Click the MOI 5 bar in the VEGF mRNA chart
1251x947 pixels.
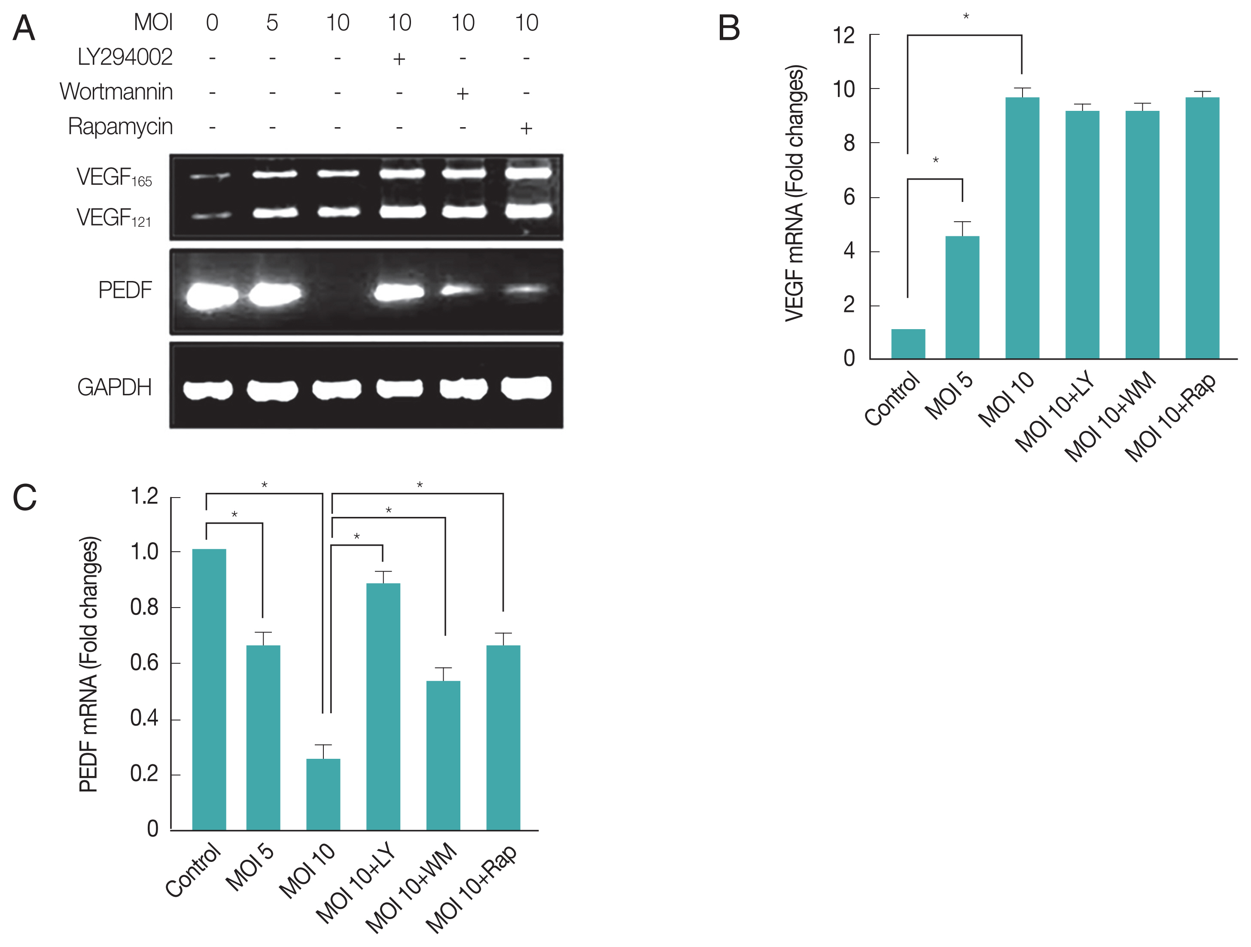tap(962, 297)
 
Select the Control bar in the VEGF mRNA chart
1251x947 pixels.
tap(908, 343)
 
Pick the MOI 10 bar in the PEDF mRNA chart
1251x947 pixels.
tap(323, 794)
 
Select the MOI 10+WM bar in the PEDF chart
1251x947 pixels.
tap(443, 755)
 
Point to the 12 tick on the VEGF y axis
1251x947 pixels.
tap(844, 36)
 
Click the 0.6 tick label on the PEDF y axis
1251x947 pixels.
tap(144, 663)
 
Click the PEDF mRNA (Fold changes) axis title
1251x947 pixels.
tap(89, 664)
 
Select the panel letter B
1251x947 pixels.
tap(729, 28)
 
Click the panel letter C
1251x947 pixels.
tap(24, 498)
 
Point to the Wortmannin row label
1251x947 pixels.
tap(116, 92)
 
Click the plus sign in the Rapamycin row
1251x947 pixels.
tap(526, 128)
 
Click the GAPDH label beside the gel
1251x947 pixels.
tap(114, 388)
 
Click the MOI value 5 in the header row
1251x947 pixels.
tap(272, 23)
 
